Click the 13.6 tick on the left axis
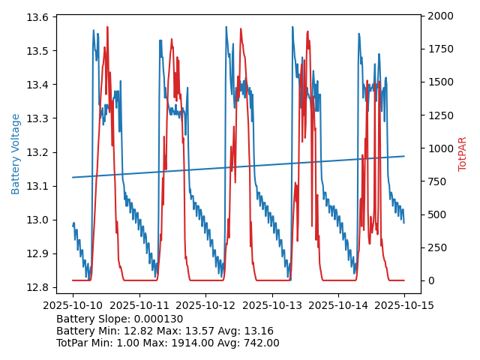[x=39, y=17]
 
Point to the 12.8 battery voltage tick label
[x=39, y=287]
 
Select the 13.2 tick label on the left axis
[x=39, y=152]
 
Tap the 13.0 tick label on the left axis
[x=39, y=220]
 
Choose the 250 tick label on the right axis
[x=434, y=247]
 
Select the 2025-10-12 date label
[x=205, y=305]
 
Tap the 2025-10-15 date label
[x=404, y=305]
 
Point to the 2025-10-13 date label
[x=271, y=305]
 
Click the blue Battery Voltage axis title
[x=16, y=154]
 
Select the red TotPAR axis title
[x=463, y=154]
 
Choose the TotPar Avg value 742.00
[x=259, y=343]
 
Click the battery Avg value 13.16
[x=259, y=331]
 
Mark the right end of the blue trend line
[x=404, y=156]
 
